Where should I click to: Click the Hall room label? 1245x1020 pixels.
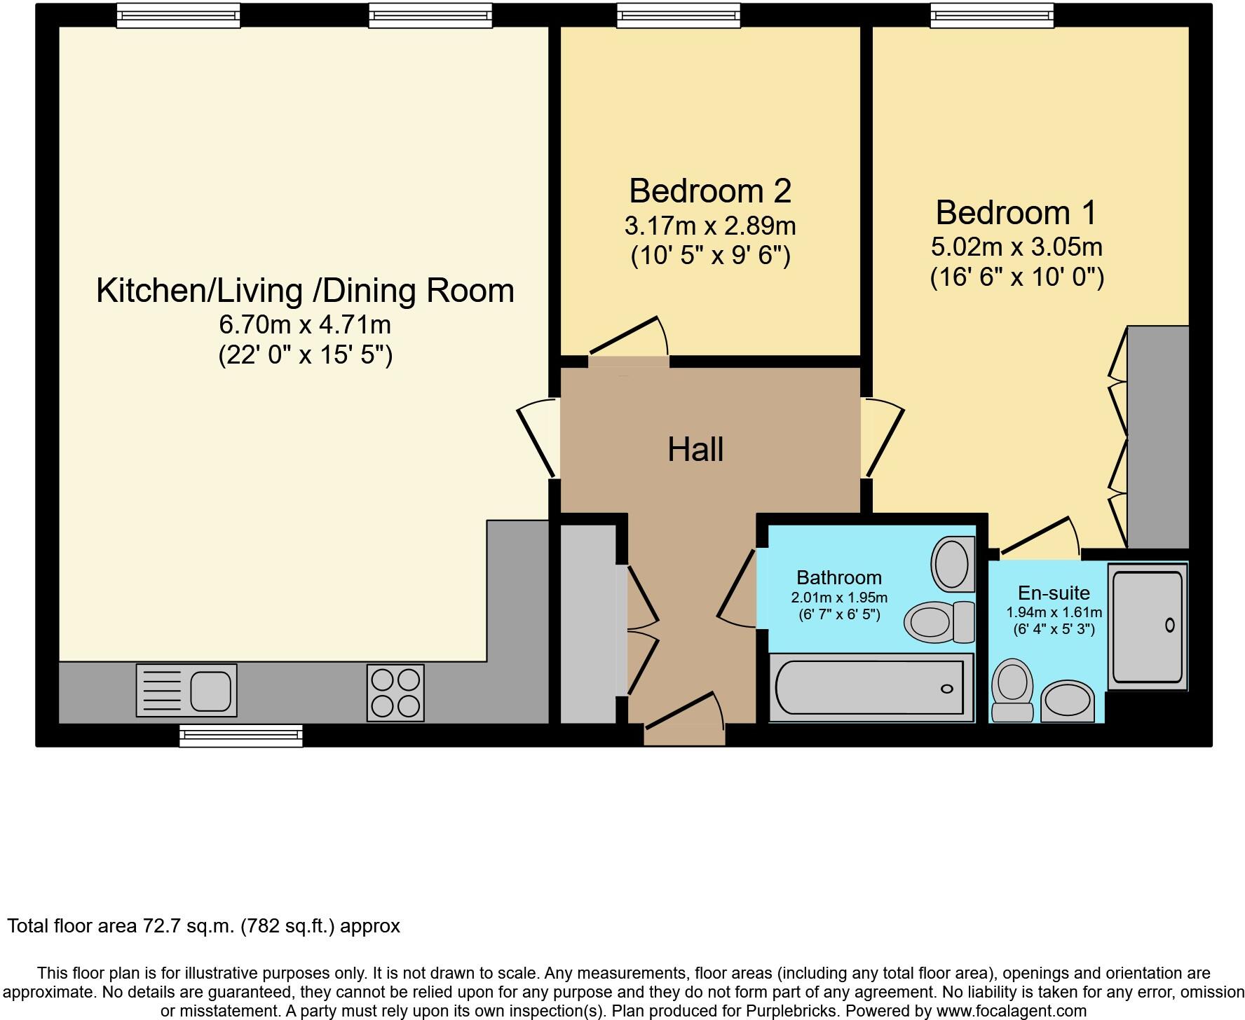point(695,450)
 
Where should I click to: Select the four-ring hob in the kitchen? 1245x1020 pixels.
point(395,693)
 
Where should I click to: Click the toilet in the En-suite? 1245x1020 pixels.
point(1012,690)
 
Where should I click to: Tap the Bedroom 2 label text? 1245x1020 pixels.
point(709,191)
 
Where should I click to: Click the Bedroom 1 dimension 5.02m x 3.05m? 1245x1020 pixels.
point(1016,247)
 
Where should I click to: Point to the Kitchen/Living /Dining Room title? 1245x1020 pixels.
point(305,291)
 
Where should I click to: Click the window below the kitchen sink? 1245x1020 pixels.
point(240,736)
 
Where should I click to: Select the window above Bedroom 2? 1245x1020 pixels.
point(678,15)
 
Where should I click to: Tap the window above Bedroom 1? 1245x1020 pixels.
point(991,15)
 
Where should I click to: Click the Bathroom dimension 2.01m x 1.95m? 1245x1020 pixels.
point(839,598)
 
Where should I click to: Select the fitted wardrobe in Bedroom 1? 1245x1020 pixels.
point(1157,437)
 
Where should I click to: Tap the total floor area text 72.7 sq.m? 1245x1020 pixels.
point(203,926)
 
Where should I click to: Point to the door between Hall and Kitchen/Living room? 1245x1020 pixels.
point(538,438)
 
